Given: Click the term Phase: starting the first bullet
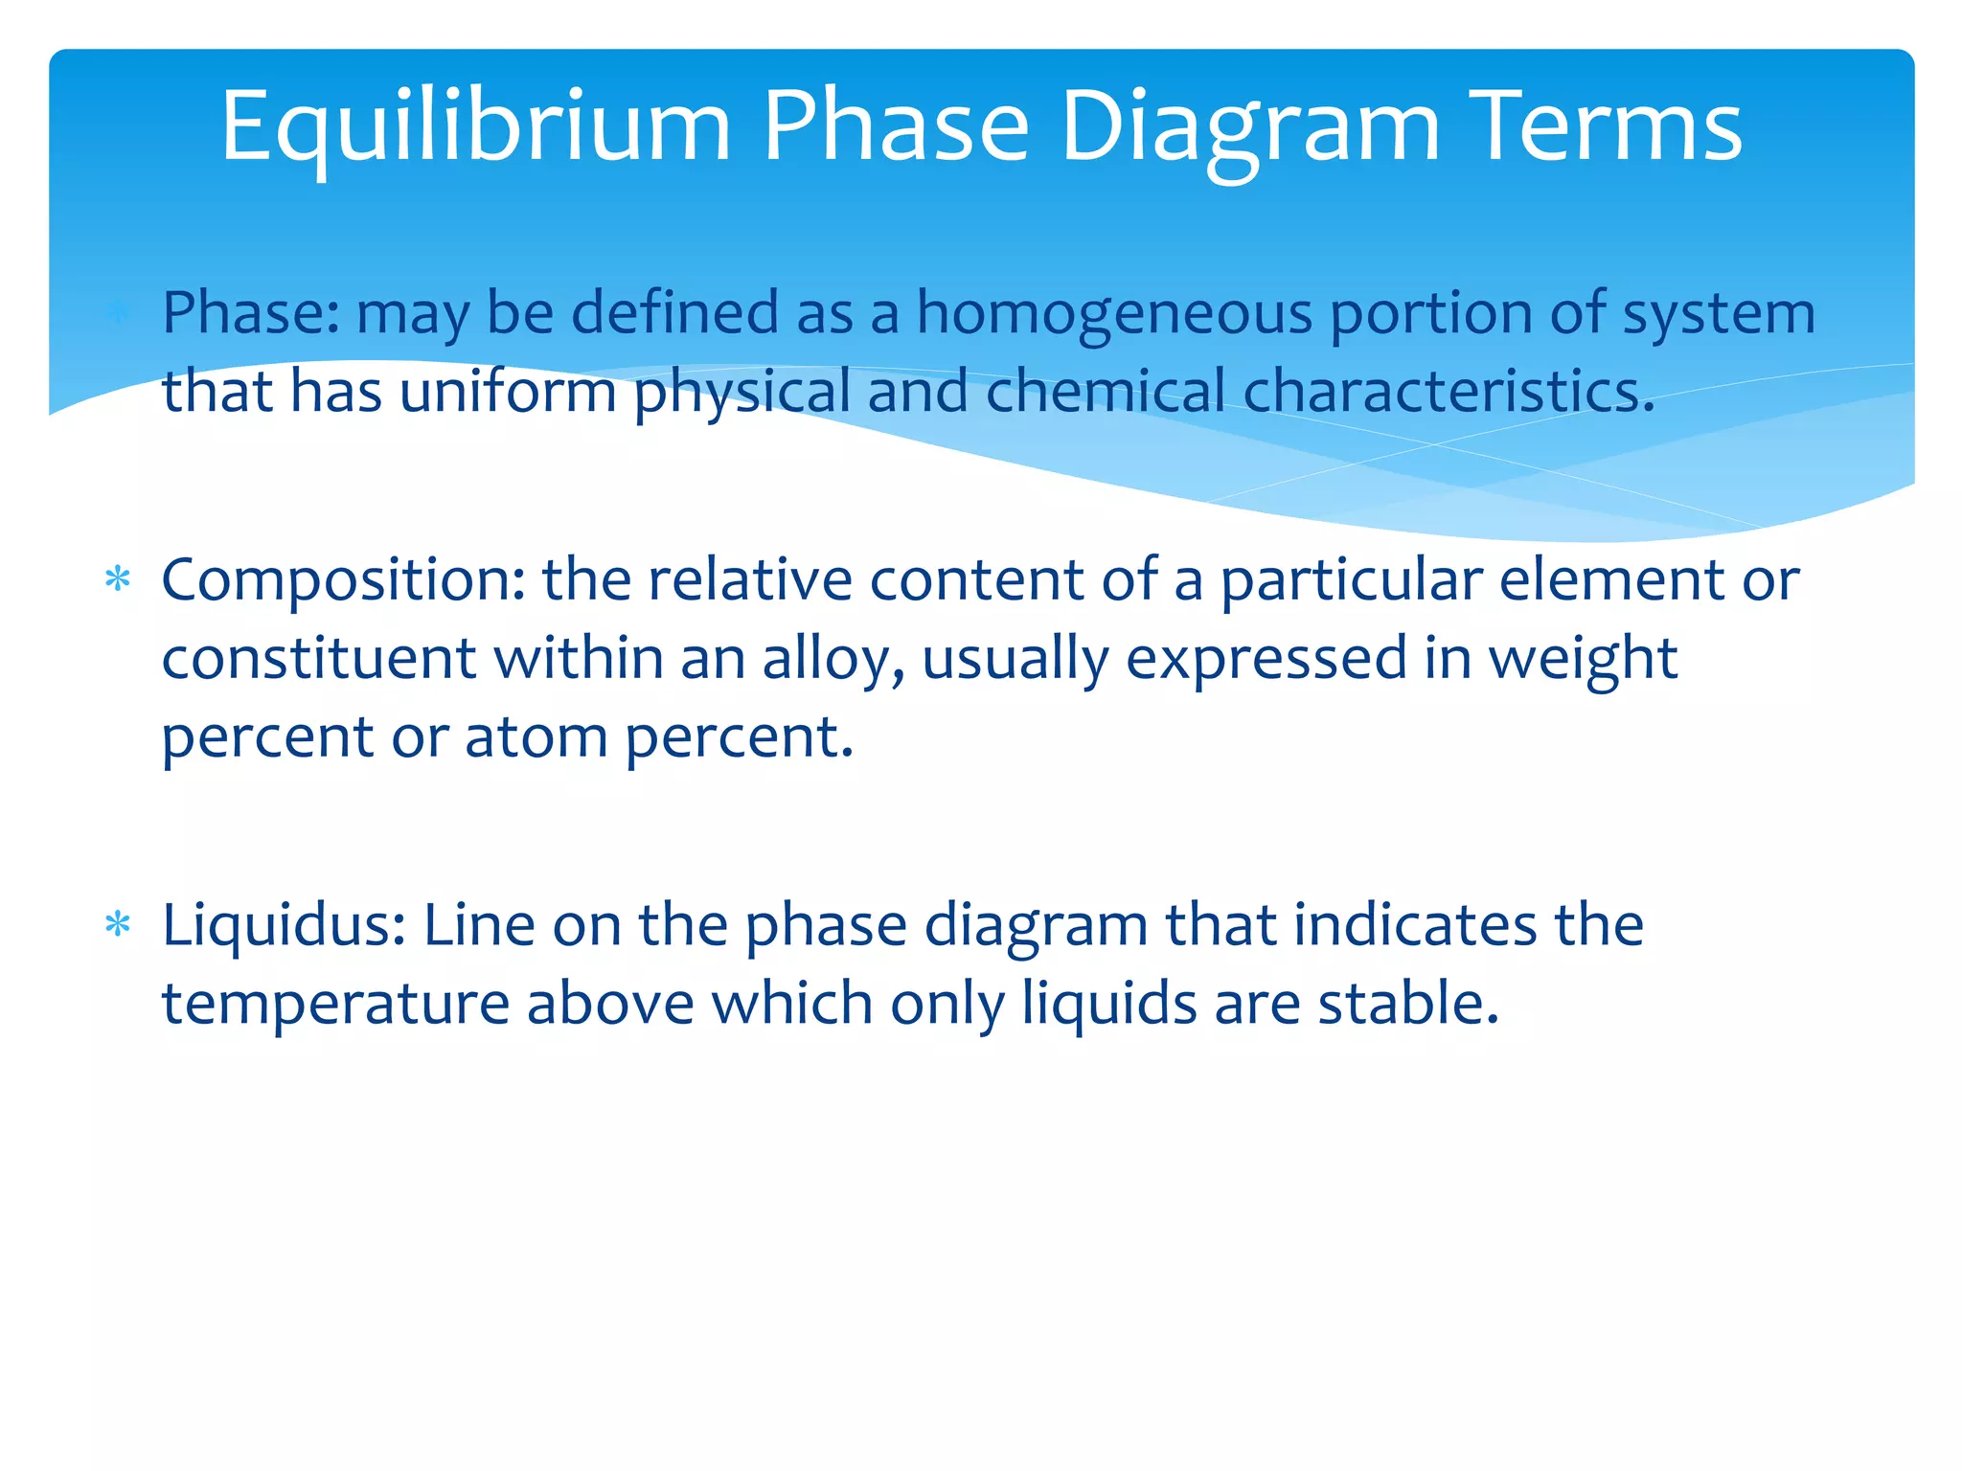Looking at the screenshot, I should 251,313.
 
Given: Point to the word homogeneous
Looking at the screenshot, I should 1114,315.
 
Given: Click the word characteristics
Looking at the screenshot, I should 1449,392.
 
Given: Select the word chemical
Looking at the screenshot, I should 1105,392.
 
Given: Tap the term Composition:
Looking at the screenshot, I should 343,581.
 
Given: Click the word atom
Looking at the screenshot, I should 536,737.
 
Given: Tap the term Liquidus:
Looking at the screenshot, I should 284,926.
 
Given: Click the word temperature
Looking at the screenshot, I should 335,1004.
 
